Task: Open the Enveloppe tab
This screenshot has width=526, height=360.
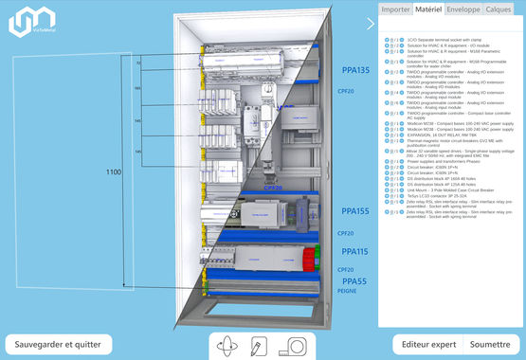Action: coord(463,9)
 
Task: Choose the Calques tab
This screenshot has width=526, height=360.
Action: coord(499,9)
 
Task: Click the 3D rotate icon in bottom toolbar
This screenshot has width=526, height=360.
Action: coord(227,346)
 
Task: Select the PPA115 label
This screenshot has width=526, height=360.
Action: coord(355,252)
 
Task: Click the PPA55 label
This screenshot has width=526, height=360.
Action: coord(354,281)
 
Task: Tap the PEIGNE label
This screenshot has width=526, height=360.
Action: coord(348,293)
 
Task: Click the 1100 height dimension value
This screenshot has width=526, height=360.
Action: coord(114,172)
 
